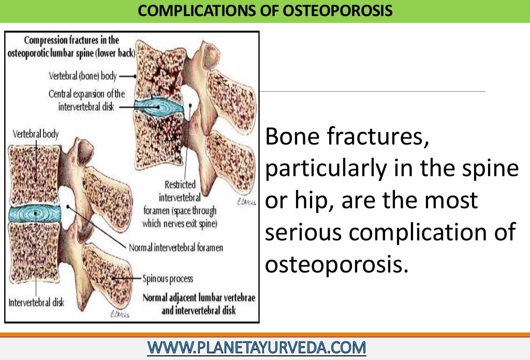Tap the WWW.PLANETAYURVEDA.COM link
tap(257, 347)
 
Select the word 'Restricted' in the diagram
tap(179, 184)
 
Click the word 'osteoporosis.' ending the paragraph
tap(334, 264)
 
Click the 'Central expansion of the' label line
tap(86, 94)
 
